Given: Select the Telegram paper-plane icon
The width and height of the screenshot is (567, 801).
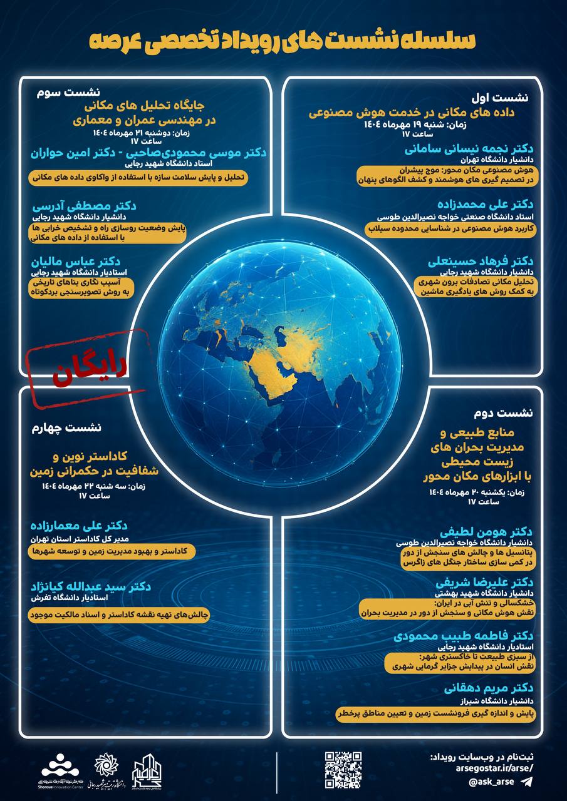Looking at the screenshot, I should click(527, 782).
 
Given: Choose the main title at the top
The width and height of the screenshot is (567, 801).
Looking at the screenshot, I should click(283, 39).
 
